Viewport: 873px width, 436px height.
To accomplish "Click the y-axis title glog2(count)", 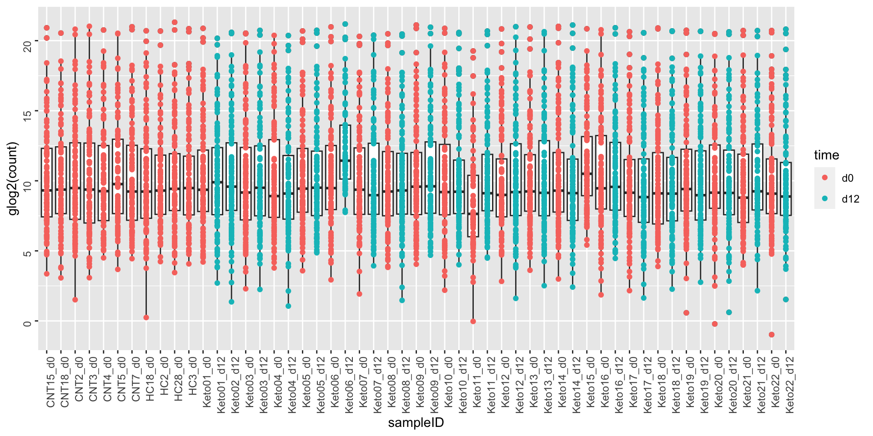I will coord(12,178).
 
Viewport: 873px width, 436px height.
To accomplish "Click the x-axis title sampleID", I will coord(416,423).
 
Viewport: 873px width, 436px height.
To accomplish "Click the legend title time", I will coord(826,155).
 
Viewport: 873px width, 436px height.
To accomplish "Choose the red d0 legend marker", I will coord(825,178).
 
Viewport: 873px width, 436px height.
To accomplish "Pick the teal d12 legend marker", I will coord(825,199).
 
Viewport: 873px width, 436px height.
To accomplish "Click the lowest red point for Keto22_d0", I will coord(772,335).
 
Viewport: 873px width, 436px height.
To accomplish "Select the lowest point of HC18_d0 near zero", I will coord(146,317).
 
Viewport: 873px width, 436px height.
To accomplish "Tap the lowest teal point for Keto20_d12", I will coord(729,312).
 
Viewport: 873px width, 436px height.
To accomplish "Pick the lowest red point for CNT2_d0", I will coord(75,300).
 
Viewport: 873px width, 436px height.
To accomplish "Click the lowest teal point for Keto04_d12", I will coord(288,306).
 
